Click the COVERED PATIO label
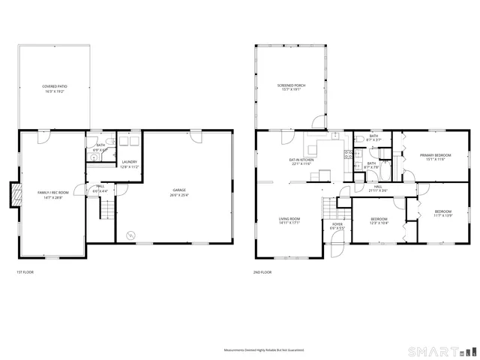tap(53, 88)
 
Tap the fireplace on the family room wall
tap(13, 196)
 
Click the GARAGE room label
tap(178, 190)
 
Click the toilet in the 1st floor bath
tap(110, 140)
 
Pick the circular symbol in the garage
tap(131, 235)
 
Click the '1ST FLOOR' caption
tap(25, 271)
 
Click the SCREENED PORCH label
tap(291, 86)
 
